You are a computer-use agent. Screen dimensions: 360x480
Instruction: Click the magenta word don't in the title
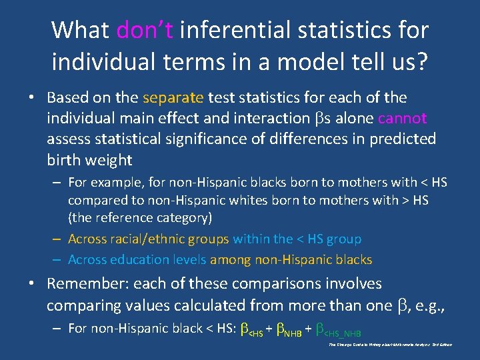click(145, 30)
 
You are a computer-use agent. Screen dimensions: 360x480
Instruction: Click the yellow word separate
click(173, 97)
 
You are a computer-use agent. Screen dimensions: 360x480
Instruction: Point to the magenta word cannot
click(402, 118)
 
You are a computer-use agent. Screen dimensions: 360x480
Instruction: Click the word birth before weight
click(65, 159)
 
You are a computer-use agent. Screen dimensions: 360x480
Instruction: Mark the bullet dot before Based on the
click(31, 98)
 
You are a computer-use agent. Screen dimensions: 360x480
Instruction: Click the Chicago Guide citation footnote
click(391, 345)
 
